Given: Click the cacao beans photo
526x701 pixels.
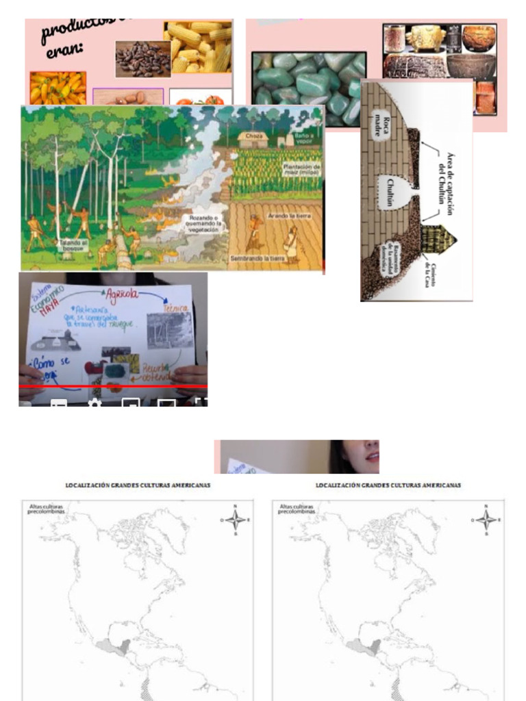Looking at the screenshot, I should click(142, 59).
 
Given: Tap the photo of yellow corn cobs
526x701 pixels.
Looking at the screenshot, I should click(198, 47).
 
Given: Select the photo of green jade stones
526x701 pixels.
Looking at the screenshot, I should click(309, 88).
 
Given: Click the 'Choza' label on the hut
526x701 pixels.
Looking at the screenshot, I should click(253, 136).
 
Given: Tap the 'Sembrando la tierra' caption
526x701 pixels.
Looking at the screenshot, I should click(258, 259).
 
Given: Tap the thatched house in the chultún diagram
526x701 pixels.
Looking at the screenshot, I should click(439, 239).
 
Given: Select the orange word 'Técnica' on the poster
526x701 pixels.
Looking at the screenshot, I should click(177, 308).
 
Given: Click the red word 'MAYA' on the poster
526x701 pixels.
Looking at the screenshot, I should click(49, 309).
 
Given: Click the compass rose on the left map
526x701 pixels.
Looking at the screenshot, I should click(236, 520).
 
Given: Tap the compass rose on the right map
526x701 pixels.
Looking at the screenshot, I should click(486, 520).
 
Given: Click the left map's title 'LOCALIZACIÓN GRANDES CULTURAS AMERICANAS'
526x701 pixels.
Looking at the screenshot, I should click(138, 485).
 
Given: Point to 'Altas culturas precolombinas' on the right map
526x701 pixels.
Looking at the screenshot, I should click(297, 509).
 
